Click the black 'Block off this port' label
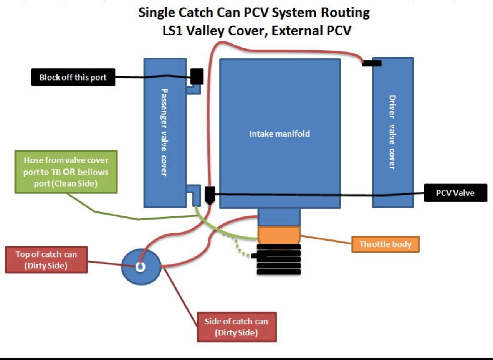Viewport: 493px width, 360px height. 73,78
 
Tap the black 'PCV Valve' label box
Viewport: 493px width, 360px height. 455,193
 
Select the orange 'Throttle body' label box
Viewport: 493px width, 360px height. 385,244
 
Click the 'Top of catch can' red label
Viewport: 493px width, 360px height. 46,260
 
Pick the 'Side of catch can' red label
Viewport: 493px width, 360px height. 236,327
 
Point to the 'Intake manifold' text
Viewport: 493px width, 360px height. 280,134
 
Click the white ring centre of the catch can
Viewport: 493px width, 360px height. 140,267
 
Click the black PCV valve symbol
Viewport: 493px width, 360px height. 210,195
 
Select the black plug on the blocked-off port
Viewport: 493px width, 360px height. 197,76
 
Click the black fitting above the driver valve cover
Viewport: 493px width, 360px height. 372,63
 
